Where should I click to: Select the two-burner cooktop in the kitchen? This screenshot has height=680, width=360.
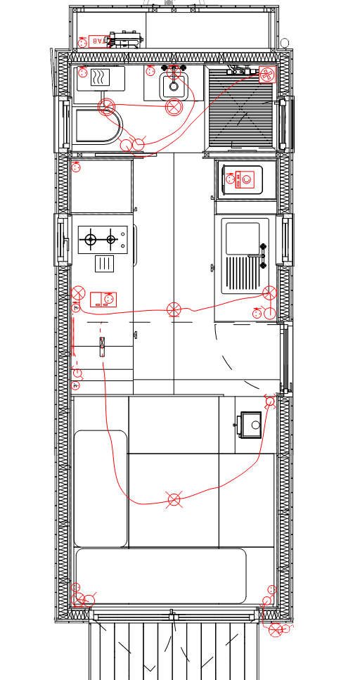click(x=101, y=240)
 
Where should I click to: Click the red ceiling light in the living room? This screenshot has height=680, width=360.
click(x=174, y=500)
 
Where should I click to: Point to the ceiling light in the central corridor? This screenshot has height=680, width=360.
click(x=174, y=310)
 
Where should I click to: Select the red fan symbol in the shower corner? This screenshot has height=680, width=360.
click(x=266, y=74)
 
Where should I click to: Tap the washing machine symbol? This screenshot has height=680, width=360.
click(x=241, y=181)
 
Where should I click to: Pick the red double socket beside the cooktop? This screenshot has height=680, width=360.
click(x=104, y=300)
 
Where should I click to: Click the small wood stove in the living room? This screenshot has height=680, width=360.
click(x=250, y=424)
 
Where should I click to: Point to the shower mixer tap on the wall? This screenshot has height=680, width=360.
click(x=238, y=71)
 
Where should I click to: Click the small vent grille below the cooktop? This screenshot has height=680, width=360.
click(x=103, y=264)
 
